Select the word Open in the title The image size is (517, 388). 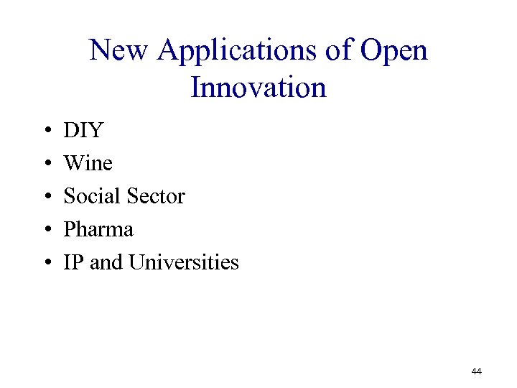(x=394, y=51)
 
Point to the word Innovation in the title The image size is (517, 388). (x=258, y=88)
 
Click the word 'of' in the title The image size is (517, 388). (x=342, y=51)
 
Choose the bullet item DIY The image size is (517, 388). (x=83, y=131)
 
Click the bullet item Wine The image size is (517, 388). (x=88, y=164)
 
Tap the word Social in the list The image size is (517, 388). (x=91, y=196)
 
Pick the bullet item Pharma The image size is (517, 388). (x=98, y=230)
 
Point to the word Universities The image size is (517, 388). (x=184, y=263)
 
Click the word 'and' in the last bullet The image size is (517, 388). (x=106, y=263)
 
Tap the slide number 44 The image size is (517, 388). (x=476, y=371)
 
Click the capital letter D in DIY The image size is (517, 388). (x=71, y=131)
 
